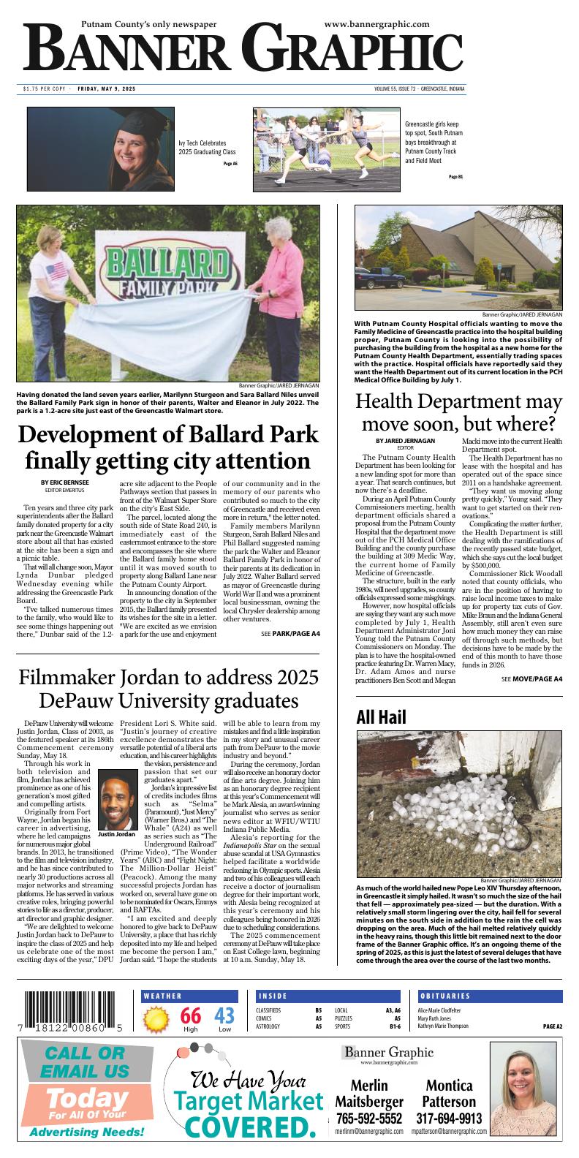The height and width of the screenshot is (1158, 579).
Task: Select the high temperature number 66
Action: click(190, 1015)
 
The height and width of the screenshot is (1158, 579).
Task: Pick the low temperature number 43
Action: click(224, 1015)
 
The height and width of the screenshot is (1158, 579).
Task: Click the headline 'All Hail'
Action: click(381, 717)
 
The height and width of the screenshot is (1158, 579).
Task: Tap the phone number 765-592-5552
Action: click(369, 1119)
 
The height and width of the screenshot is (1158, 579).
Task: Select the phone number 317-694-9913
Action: click(449, 1119)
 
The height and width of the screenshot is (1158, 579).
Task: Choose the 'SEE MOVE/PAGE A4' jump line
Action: click(531, 679)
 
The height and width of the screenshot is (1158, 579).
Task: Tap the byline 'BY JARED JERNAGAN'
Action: click(405, 441)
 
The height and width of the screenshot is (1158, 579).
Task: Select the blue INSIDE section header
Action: click(273, 996)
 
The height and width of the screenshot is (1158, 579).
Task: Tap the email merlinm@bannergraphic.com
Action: click(369, 1131)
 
